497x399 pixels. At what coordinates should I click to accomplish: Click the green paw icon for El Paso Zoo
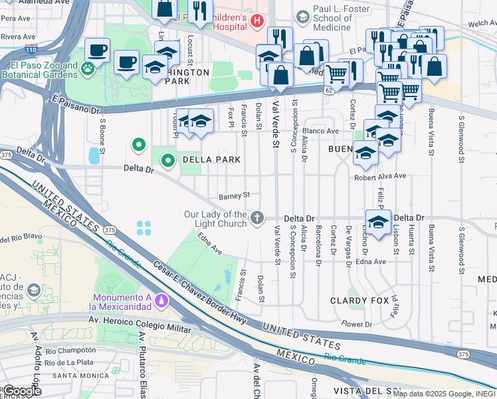point(87,68)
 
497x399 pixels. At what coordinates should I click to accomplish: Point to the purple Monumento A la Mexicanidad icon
point(160,302)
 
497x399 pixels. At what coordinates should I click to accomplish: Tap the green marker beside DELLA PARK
point(168,160)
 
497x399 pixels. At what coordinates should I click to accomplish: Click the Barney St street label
point(234,196)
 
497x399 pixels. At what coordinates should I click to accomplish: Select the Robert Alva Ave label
point(379,176)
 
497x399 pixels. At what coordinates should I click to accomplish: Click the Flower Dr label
point(357,325)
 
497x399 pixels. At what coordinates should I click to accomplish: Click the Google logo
point(21,390)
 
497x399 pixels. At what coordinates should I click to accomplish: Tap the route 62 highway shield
point(329,88)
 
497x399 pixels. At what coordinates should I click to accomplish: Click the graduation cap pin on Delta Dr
point(378,223)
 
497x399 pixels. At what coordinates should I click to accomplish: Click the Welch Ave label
point(481,23)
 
